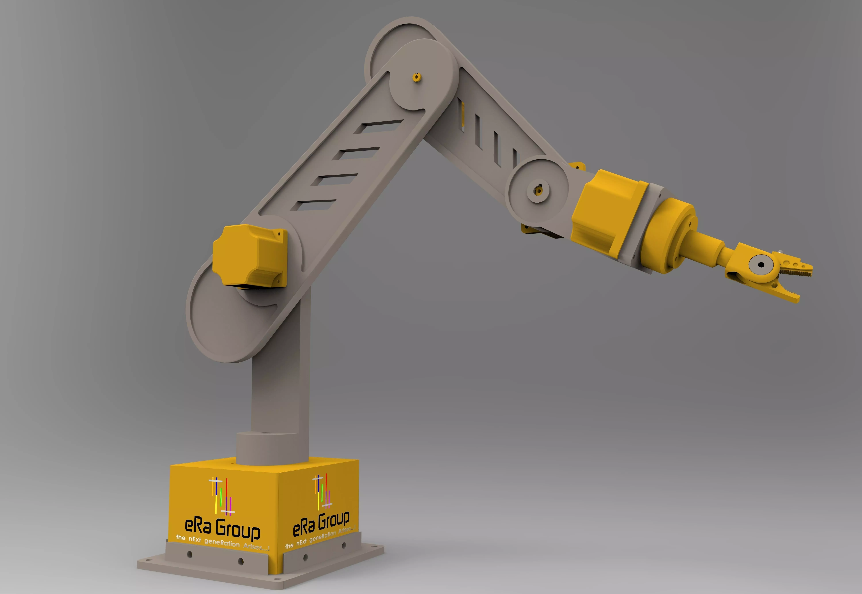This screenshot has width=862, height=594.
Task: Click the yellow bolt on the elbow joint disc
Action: tap(417, 77)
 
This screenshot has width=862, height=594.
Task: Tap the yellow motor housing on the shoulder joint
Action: tap(249, 256)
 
